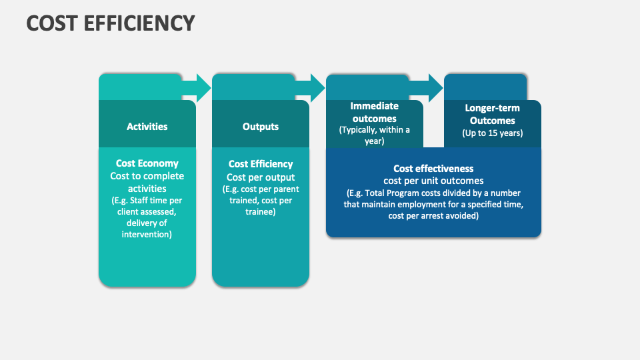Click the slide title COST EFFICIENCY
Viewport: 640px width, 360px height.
[111, 23]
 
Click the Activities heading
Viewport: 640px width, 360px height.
[147, 126]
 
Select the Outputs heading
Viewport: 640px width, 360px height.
[261, 126]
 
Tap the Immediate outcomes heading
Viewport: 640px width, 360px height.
[375, 112]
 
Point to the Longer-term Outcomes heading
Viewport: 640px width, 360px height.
[493, 114]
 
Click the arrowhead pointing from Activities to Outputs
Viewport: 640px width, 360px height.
[198, 87]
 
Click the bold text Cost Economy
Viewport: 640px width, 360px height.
[147, 163]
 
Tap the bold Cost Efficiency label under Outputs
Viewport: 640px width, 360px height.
[261, 164]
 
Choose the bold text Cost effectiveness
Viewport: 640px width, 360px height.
[433, 169]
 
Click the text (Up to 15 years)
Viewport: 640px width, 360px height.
[493, 133]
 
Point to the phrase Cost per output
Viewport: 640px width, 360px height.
[261, 177]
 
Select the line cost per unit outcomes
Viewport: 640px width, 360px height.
[433, 181]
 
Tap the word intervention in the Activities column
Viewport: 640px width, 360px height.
[147, 235]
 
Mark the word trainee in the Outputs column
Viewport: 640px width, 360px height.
[261, 212]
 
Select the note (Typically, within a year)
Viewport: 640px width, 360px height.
[375, 135]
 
